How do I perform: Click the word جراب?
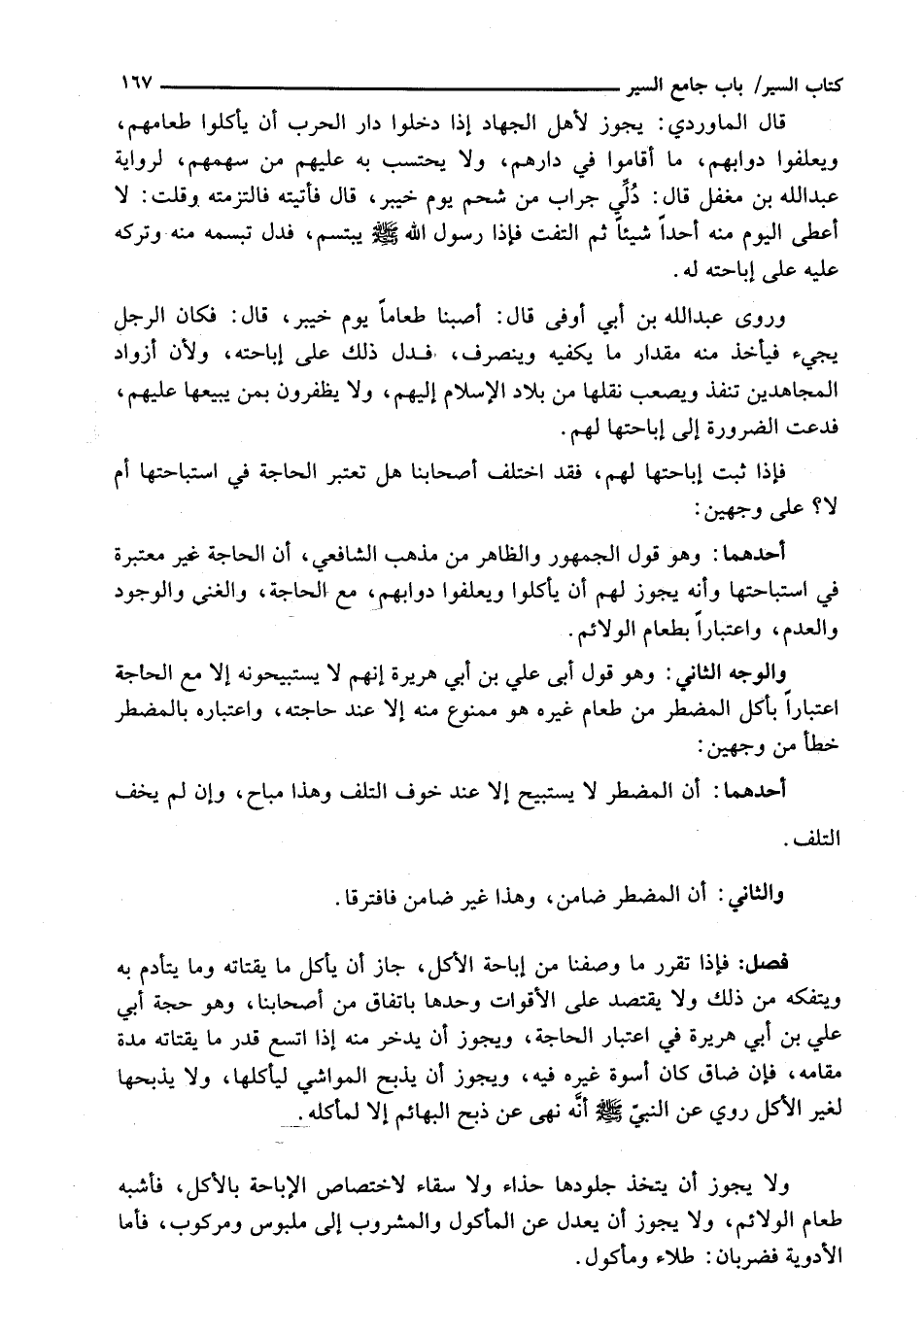click(x=555, y=198)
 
